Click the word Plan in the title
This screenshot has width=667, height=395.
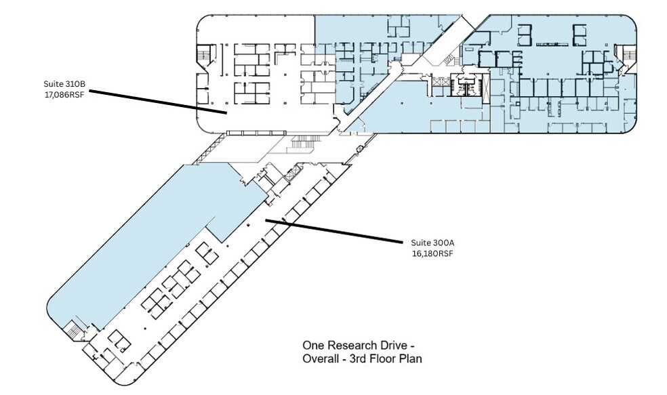click(409, 359)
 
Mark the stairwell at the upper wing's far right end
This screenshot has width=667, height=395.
click(627, 56)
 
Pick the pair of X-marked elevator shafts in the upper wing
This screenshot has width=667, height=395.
click(442, 83)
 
